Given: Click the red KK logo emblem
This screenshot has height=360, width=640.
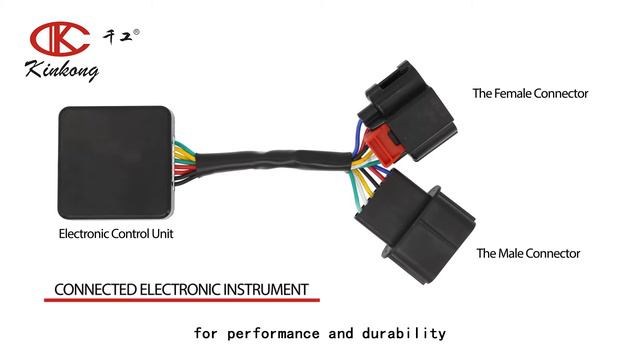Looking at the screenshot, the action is [61, 39].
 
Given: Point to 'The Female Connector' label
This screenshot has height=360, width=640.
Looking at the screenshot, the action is [530, 94].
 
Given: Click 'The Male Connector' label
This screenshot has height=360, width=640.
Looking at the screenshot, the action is [528, 254].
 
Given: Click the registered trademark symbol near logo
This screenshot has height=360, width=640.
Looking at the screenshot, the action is [137, 32].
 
